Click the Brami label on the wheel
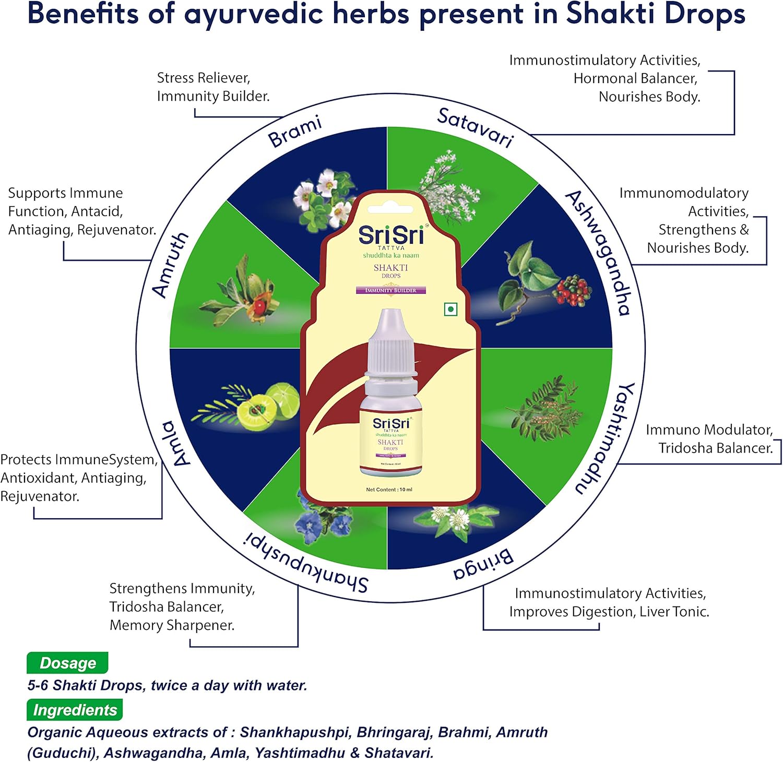[x=294, y=132]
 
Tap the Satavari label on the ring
[x=475, y=127]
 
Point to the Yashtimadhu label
[x=606, y=438]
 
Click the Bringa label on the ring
[x=483, y=565]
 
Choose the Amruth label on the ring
[x=170, y=265]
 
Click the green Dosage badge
[x=67, y=663]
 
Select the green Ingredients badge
[x=75, y=710]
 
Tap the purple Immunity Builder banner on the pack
[x=390, y=290]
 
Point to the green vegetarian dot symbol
[x=450, y=309]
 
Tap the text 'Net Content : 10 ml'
[x=389, y=490]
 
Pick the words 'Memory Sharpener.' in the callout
[x=172, y=625]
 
